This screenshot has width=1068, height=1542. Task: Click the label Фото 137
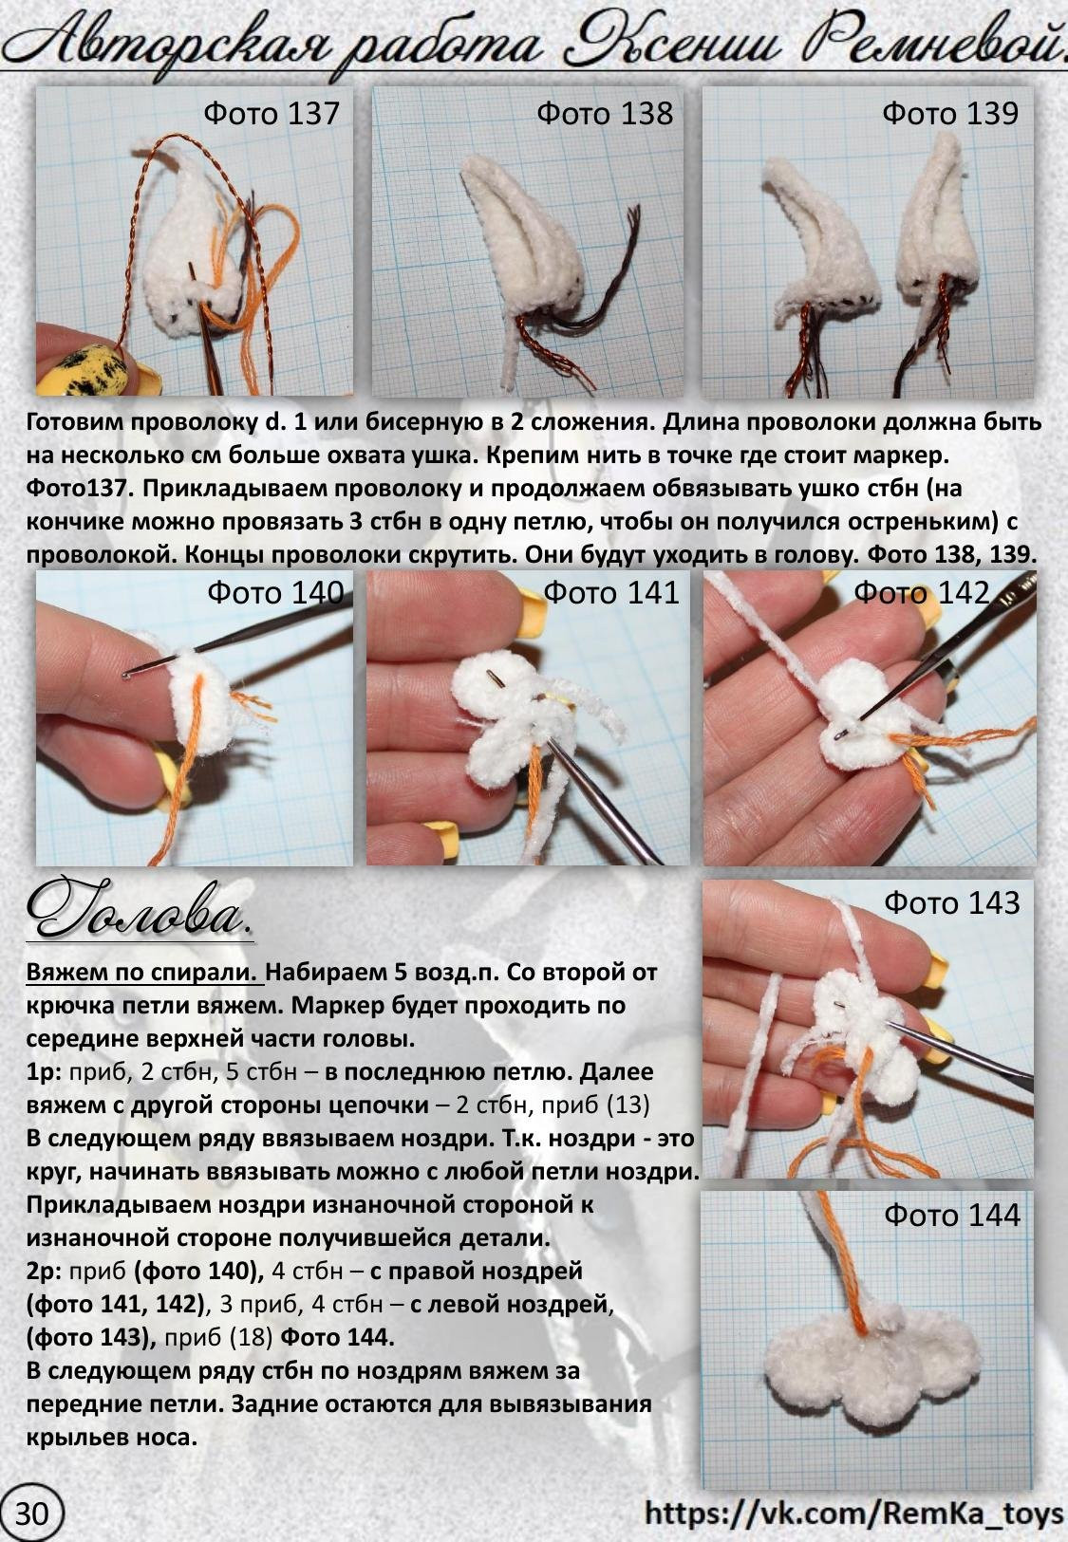271,113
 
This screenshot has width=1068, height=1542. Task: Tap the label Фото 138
604,113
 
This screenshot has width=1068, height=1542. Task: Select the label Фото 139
949,113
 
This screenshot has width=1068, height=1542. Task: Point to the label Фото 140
274,593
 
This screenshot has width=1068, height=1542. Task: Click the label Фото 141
610,593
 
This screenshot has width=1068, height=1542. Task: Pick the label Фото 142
921,593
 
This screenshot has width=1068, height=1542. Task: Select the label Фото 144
951,1215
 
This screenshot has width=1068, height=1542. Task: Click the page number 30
31,1513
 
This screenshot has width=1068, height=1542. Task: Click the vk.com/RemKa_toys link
853,1513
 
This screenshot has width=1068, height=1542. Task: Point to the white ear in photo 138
517,237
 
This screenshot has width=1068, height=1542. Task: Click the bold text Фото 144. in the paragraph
337,1338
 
